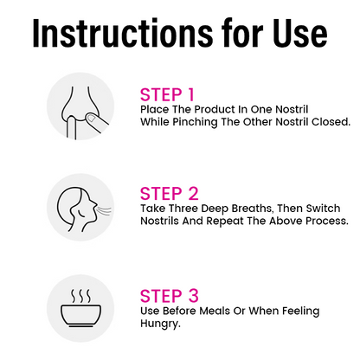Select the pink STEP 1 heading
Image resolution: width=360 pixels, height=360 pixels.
(167, 94)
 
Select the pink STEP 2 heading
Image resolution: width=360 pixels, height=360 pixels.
(170, 193)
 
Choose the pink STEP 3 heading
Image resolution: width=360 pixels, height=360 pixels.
(170, 296)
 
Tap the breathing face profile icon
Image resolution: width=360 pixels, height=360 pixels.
(83, 209)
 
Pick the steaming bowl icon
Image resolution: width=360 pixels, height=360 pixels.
(81, 308)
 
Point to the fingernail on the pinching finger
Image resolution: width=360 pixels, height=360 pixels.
(92, 118)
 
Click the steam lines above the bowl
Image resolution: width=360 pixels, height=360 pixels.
(81, 296)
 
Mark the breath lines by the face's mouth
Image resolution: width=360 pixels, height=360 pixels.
(105, 210)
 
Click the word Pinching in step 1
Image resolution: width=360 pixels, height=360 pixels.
(195, 122)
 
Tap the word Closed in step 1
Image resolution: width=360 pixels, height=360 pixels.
(331, 122)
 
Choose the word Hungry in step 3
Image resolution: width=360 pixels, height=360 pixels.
(160, 324)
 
